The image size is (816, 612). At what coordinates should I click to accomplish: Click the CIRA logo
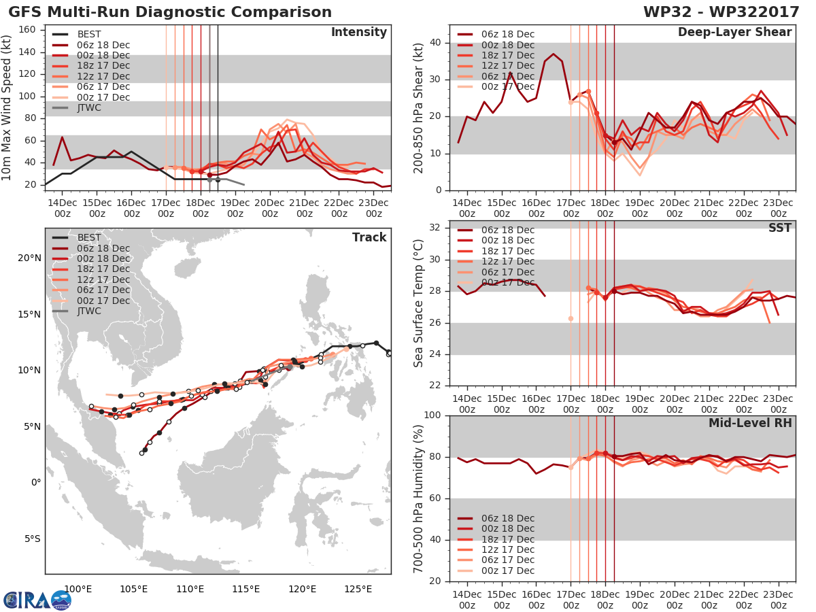pyautogui.click(x=37, y=599)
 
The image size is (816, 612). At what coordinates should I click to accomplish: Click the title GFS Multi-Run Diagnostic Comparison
pyautogui.click(x=170, y=12)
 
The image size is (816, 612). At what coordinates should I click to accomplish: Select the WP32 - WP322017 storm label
pyautogui.click(x=721, y=12)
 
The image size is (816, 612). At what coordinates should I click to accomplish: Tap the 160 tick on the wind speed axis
pyautogui.click(x=27, y=30)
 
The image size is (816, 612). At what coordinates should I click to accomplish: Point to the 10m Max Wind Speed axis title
pyautogui.click(x=5, y=107)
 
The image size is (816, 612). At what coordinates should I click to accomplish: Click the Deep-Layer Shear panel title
pyautogui.click(x=734, y=32)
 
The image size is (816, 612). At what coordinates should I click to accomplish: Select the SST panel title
pyautogui.click(x=779, y=228)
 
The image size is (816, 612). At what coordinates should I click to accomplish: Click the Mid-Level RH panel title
pyautogui.click(x=750, y=423)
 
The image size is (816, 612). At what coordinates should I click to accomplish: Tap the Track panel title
pyautogui.click(x=369, y=237)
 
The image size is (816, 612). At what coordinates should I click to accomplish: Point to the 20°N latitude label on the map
pyautogui.click(x=29, y=258)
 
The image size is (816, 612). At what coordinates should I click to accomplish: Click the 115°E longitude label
pyautogui.click(x=245, y=589)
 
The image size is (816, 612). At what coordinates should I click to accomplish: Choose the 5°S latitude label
pyautogui.click(x=33, y=539)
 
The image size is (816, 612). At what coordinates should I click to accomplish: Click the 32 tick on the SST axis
pyautogui.click(x=435, y=227)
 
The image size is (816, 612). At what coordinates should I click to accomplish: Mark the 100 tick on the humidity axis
pyautogui.click(x=432, y=415)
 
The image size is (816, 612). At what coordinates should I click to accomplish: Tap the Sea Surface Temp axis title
pyautogui.click(x=418, y=303)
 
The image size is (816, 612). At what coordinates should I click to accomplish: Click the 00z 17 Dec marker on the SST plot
pyautogui.click(x=571, y=318)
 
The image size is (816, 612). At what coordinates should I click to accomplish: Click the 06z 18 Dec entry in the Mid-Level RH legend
pyautogui.click(x=496, y=518)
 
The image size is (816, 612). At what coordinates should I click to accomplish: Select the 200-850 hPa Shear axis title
pyautogui.click(x=418, y=108)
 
